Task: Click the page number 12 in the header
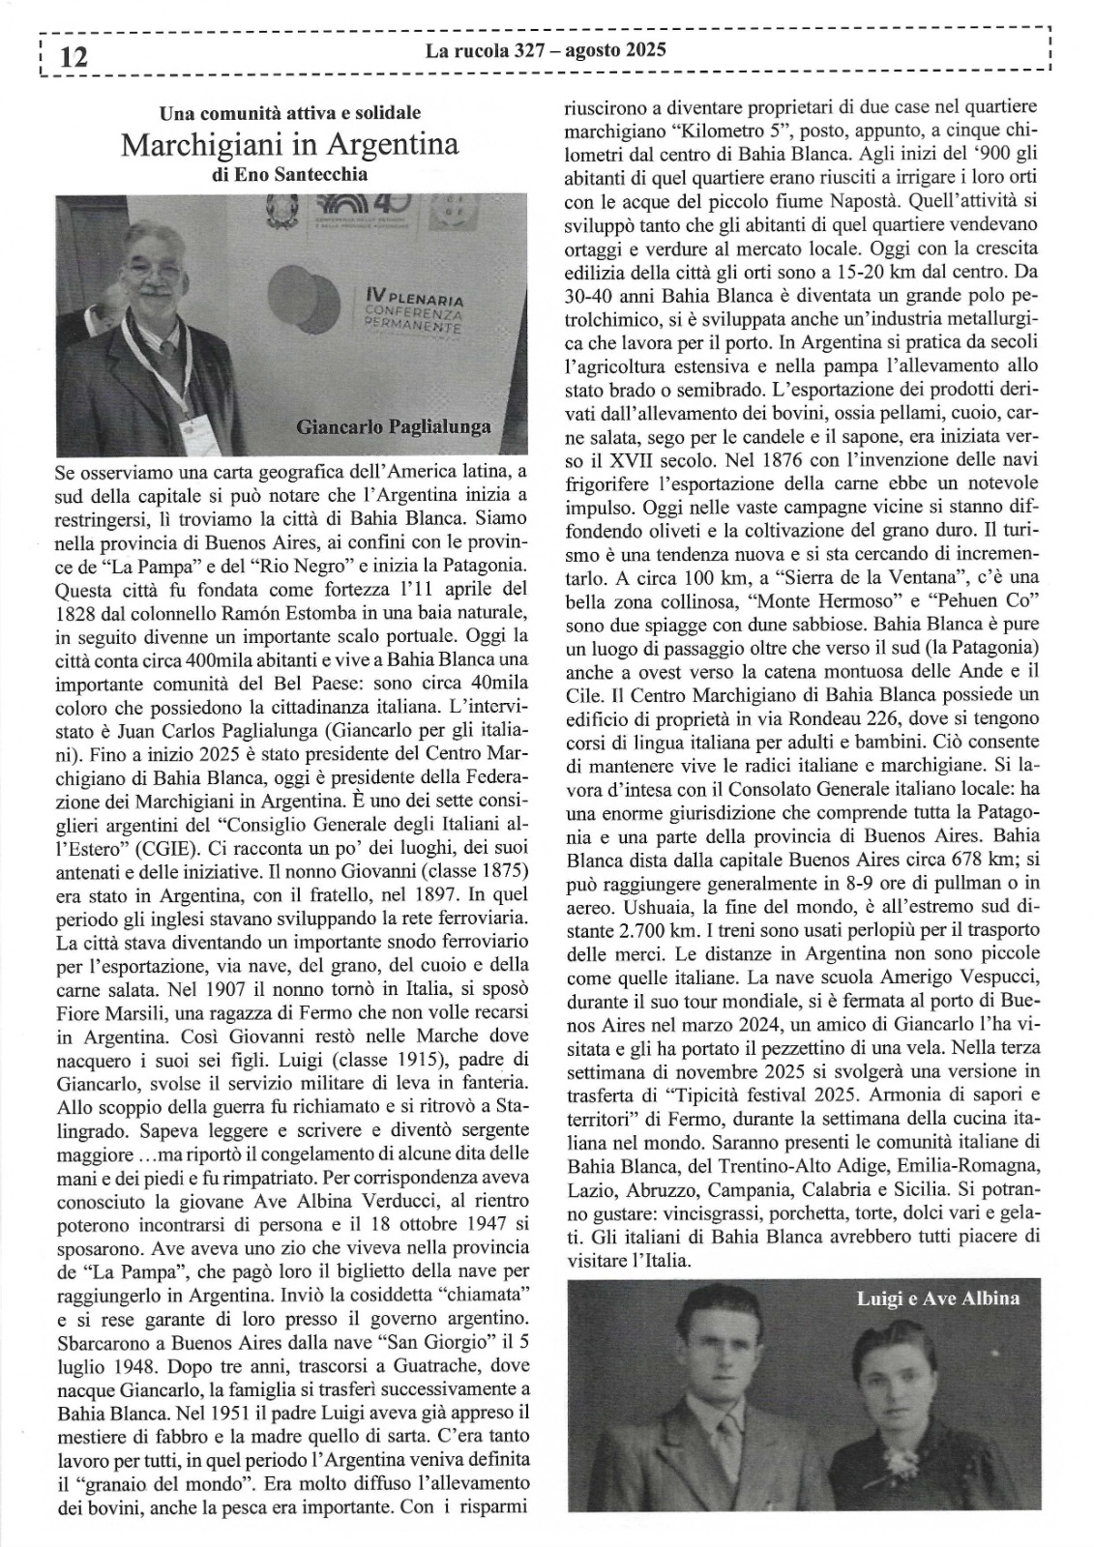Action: click(74, 57)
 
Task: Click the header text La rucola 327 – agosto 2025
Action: click(546, 50)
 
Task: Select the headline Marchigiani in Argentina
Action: click(290, 145)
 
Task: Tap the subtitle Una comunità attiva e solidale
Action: click(290, 114)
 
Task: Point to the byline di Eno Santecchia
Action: click(290, 175)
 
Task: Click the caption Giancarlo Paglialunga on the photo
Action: click(393, 426)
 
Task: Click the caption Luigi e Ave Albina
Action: click(937, 1299)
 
